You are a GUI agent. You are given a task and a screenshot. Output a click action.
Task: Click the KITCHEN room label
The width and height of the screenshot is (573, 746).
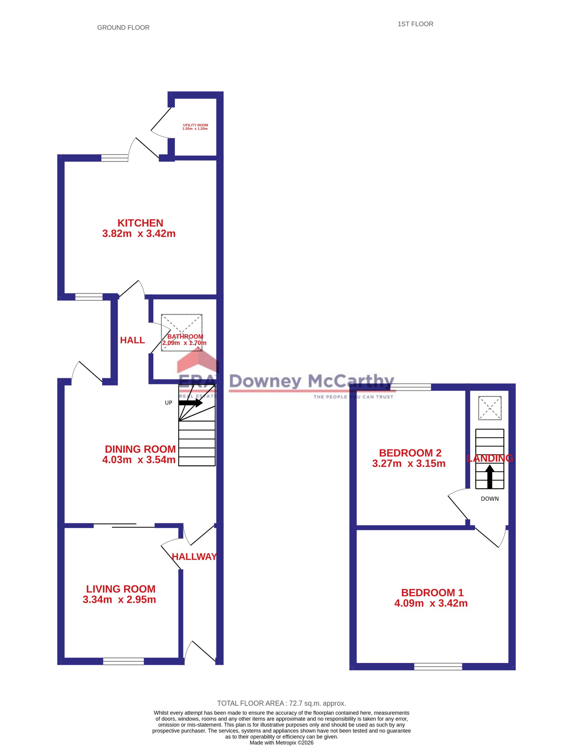(x=140, y=223)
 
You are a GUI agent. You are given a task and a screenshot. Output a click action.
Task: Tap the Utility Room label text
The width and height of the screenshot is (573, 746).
(x=196, y=125)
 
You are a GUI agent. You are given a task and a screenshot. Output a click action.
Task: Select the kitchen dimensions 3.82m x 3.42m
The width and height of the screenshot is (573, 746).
(x=139, y=233)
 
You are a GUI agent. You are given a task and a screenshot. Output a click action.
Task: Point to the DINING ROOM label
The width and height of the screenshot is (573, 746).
(x=140, y=449)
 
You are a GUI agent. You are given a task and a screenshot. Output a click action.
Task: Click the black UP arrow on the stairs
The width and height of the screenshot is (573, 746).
(x=191, y=403)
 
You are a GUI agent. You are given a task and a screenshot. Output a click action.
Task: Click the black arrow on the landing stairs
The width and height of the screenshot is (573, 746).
(x=490, y=477)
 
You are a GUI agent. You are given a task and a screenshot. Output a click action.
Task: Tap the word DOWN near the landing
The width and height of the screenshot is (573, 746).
(x=490, y=499)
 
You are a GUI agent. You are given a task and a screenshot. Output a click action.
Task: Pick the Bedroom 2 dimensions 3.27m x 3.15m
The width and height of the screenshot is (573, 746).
(x=409, y=463)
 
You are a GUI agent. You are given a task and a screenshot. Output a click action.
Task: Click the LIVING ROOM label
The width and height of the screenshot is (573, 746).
(x=121, y=589)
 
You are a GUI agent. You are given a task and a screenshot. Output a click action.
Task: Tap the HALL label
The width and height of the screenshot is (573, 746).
(x=132, y=340)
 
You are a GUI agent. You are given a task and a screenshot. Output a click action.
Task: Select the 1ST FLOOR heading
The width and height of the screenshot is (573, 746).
(x=415, y=24)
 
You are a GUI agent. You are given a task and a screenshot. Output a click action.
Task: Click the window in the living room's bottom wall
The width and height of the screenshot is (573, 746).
(x=124, y=661)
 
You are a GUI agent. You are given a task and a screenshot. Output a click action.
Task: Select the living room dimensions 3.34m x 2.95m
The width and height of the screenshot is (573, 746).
(x=119, y=599)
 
